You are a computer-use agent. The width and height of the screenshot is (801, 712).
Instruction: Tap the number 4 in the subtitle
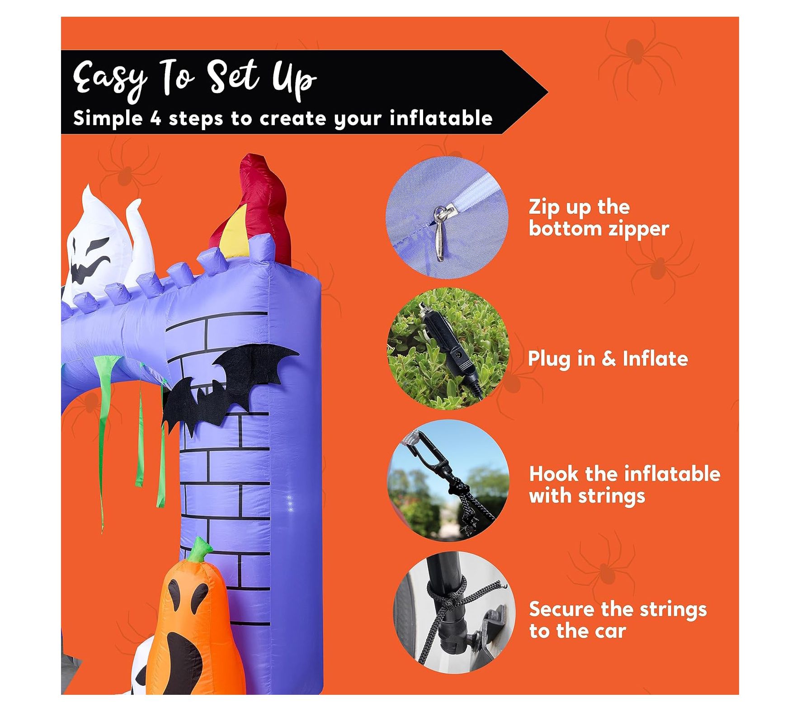(155, 118)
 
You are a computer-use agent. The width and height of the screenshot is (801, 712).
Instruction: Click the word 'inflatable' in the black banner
(441, 118)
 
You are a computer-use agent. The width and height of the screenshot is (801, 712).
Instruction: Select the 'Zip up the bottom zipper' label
(598, 217)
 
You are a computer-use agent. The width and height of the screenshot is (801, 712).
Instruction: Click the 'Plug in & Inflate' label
(608, 359)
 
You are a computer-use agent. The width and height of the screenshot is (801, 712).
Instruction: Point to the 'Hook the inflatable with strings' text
(624, 485)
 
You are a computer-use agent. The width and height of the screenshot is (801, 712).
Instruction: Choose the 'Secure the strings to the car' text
(617, 620)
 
